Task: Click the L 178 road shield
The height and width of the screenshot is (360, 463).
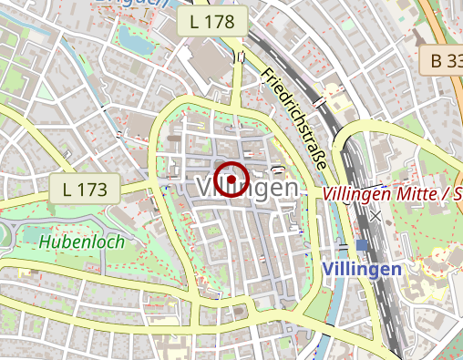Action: pyautogui.click(x=213, y=21)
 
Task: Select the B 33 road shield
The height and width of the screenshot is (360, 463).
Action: pyautogui.click(x=446, y=61)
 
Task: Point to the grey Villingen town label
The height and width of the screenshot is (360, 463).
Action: pyautogui.click(x=246, y=188)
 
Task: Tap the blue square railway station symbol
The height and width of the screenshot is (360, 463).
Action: pyautogui.click(x=362, y=245)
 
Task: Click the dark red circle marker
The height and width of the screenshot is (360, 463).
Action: pyautogui.click(x=231, y=179)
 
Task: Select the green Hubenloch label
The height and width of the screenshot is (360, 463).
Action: pyautogui.click(x=81, y=242)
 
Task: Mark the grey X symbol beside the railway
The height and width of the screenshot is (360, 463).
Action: pyautogui.click(x=376, y=217)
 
